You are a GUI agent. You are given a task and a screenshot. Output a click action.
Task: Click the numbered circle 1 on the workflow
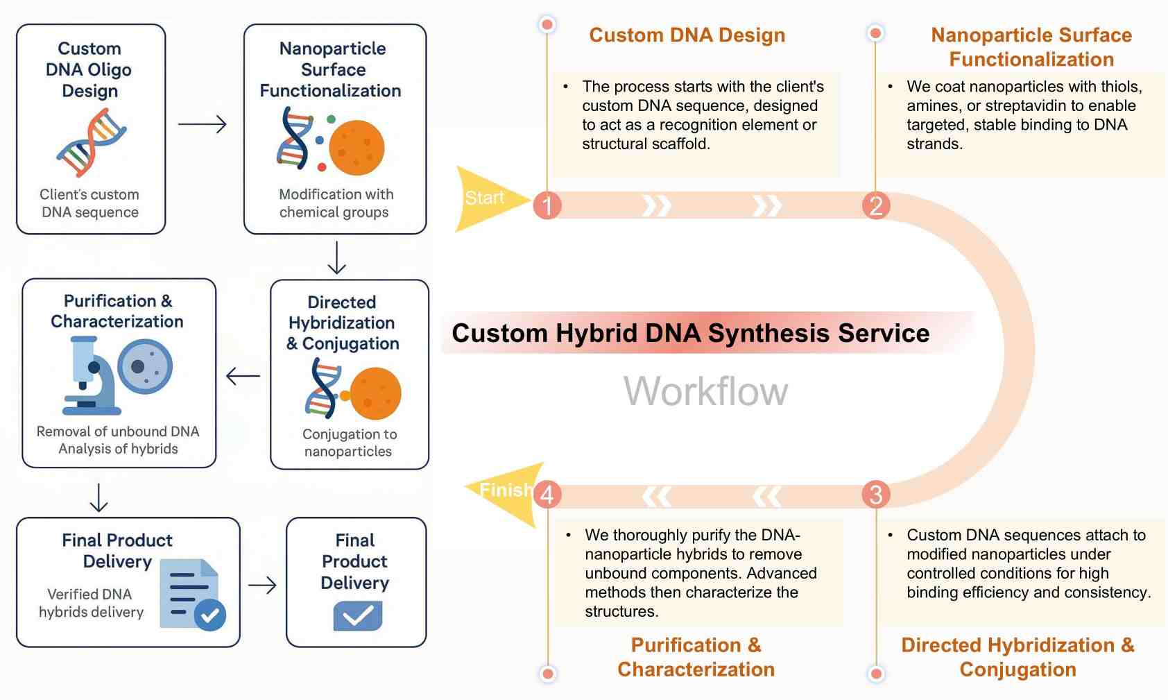click(547, 205)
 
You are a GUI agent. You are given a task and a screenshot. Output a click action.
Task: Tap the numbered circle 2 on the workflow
click(876, 205)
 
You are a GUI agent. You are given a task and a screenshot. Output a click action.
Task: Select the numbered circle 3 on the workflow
click(876, 494)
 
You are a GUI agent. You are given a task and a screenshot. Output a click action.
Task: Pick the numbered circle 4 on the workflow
click(547, 494)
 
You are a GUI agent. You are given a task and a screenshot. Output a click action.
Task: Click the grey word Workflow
click(705, 391)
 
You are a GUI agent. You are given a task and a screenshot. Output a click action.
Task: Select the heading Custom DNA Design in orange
click(687, 35)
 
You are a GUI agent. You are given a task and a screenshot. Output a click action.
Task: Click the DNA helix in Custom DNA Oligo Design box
click(92, 143)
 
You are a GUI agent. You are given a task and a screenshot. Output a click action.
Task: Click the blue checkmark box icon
click(357, 615)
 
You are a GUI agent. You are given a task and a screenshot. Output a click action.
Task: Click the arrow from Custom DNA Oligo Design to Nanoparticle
click(203, 125)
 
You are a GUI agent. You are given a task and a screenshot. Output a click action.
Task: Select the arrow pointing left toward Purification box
click(243, 377)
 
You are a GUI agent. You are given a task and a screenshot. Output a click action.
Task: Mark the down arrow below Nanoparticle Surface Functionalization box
click(336, 258)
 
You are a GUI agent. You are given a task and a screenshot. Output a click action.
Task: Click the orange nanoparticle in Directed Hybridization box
click(375, 393)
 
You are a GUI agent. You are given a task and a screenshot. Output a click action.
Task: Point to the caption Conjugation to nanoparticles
click(349, 443)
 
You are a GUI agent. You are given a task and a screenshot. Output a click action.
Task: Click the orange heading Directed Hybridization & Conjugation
click(1017, 657)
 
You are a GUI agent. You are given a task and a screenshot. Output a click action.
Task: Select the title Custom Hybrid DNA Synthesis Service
click(690, 334)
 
